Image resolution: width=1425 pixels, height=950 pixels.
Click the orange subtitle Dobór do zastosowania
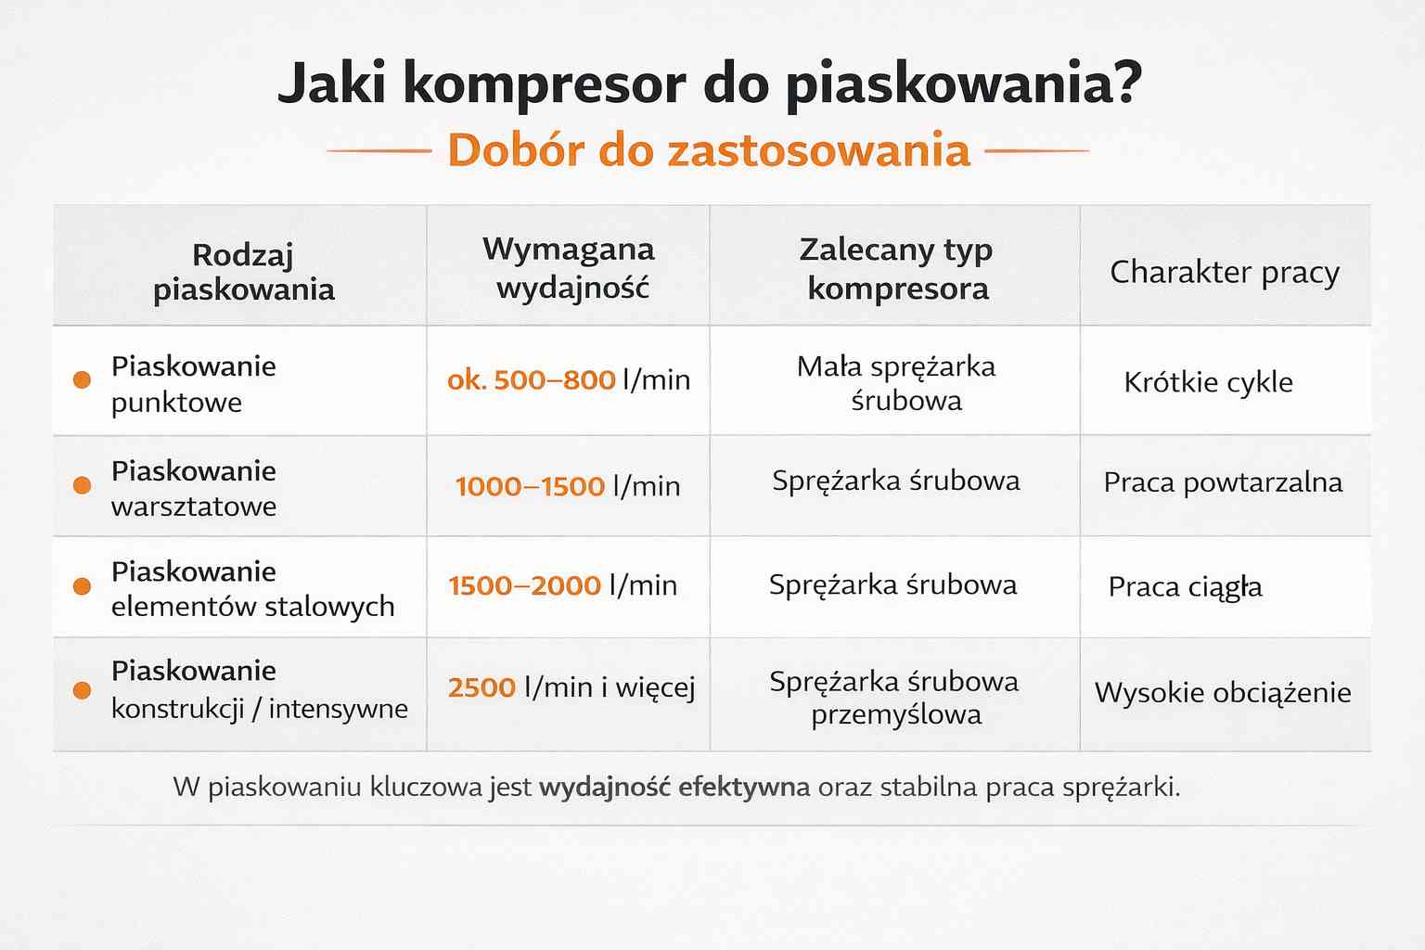708,150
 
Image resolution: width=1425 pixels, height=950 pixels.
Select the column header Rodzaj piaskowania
243,271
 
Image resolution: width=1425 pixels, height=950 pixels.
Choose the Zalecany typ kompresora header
896,268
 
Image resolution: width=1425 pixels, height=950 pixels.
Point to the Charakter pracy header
1225,272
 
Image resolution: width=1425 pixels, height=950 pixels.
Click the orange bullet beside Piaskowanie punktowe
82,379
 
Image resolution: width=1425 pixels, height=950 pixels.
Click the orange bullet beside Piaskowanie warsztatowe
82,485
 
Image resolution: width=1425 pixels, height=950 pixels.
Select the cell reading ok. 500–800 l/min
569,379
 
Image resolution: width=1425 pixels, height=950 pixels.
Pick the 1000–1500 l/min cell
568,486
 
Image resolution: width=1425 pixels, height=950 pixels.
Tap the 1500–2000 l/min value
562,585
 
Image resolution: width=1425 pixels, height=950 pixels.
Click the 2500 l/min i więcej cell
571,687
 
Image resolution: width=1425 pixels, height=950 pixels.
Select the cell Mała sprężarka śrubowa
896,383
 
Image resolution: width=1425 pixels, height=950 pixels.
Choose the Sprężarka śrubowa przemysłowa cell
894,698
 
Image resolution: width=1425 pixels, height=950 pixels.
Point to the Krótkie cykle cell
1208,382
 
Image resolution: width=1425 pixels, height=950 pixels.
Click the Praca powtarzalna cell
1223,482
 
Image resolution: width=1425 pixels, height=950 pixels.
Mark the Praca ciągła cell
1185,587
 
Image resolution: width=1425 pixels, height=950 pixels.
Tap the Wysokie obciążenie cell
1223,693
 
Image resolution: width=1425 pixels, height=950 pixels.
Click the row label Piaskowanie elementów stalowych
252,588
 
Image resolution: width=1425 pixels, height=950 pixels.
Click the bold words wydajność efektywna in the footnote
674,788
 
